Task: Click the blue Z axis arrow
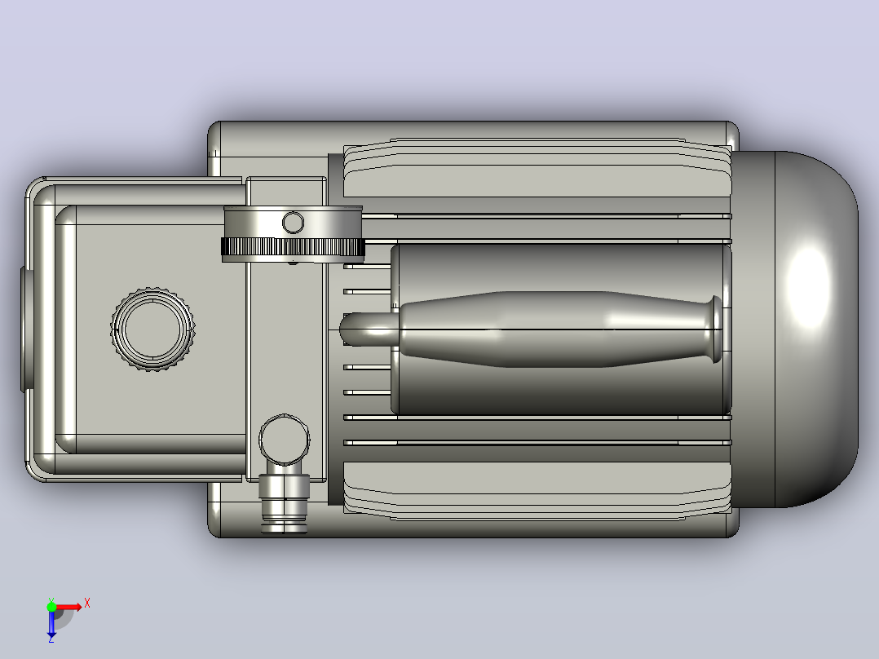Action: click(51, 624)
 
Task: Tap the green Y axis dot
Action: click(51, 607)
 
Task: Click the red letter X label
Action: click(87, 604)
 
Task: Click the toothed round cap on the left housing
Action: click(152, 329)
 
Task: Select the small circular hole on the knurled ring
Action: click(293, 223)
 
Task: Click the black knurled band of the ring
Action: click(293, 247)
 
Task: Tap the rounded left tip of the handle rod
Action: click(351, 329)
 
